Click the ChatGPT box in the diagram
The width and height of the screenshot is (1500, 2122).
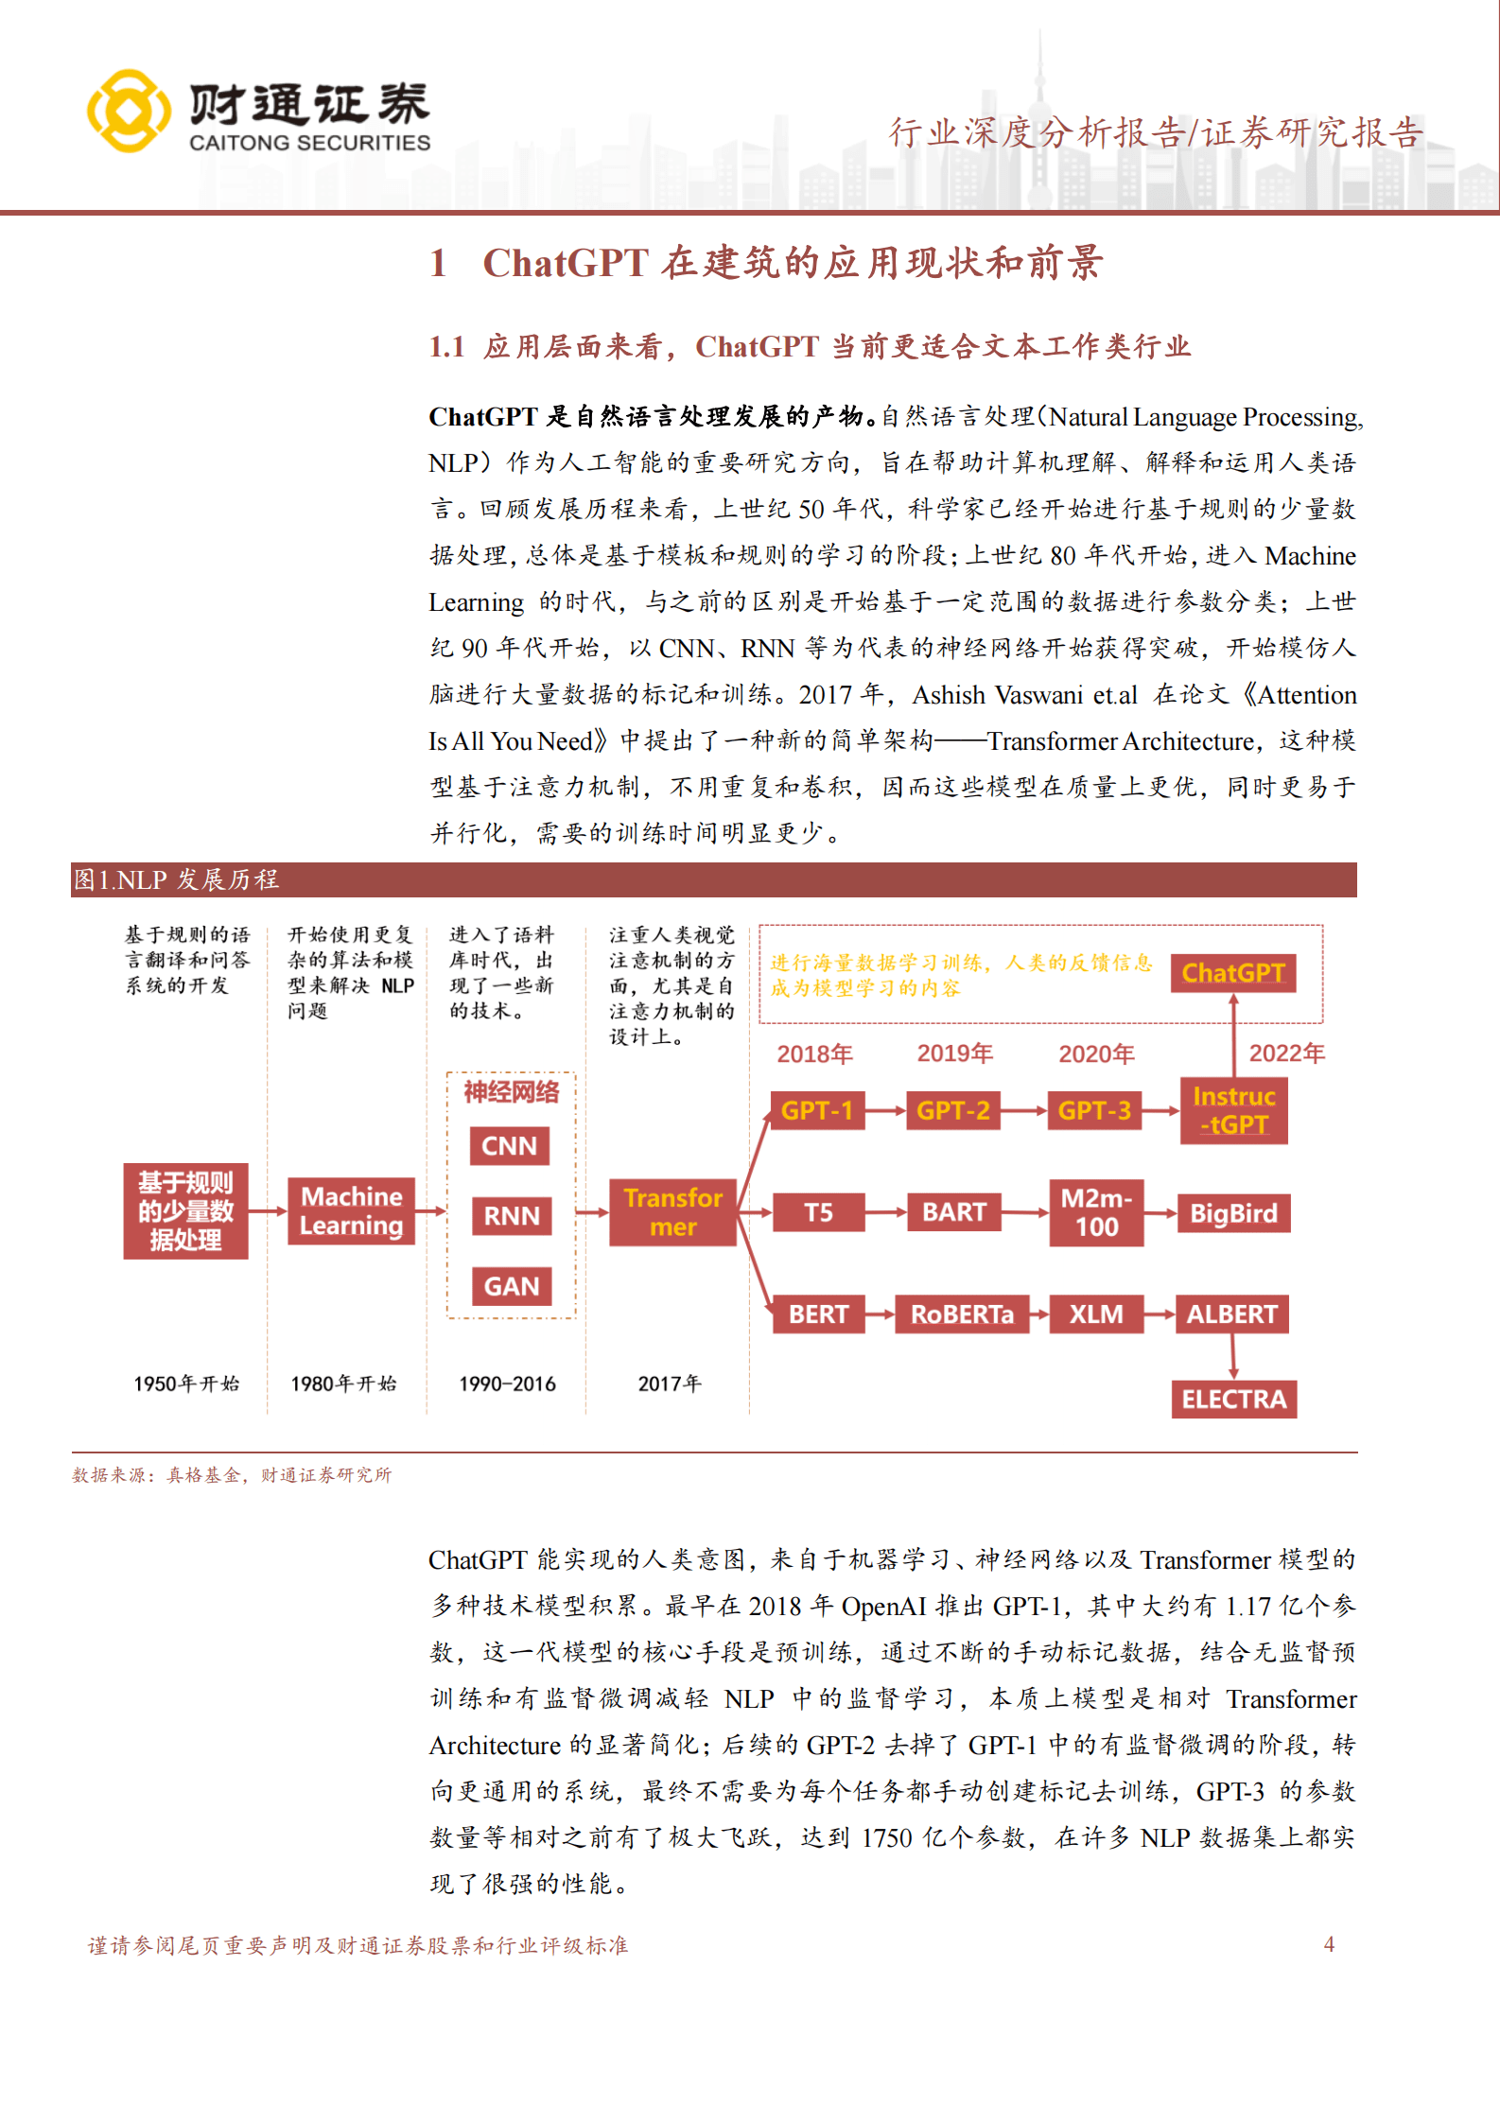coord(1232,973)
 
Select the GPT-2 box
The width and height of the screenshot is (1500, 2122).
coord(952,1110)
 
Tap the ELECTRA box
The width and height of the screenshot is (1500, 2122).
coord(1233,1399)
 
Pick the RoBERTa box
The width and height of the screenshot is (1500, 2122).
coord(961,1314)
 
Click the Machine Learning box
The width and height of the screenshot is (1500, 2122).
coord(351,1211)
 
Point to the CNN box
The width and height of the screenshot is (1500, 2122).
coord(509,1146)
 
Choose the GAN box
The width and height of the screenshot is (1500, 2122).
coord(511,1286)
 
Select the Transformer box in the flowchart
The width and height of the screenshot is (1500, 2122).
coord(672,1212)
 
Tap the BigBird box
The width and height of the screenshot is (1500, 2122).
coord(1232,1213)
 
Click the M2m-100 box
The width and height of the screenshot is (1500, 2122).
coord(1096,1213)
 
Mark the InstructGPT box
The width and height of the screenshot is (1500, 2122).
coord(1233,1111)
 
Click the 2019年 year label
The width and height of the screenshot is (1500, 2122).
coord(954,1053)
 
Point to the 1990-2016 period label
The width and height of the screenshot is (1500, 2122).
coord(507,1384)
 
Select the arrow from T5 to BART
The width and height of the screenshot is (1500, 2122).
coord(885,1212)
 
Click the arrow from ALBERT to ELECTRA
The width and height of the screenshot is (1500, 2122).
coord(1233,1356)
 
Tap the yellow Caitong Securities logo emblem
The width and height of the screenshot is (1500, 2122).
coord(129,111)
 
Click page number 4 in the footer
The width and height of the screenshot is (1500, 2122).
coord(1329,1944)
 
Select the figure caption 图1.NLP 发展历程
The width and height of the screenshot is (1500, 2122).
coord(177,880)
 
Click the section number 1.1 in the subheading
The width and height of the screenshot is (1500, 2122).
coord(446,347)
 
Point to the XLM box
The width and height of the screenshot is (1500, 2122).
coord(1096,1314)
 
